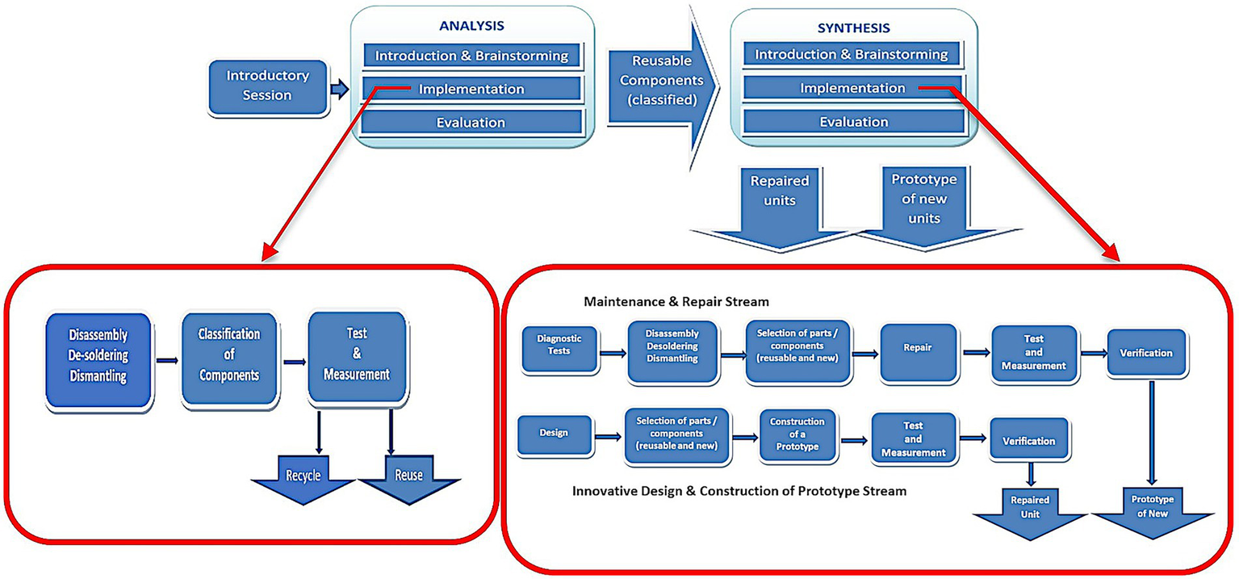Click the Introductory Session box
[x=267, y=86]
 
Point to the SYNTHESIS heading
[x=853, y=27]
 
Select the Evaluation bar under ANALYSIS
[x=471, y=123]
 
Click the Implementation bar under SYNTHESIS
[x=852, y=88]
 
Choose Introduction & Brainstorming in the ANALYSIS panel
[x=471, y=56]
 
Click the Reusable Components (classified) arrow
[x=656, y=82]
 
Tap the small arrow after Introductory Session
[x=340, y=89]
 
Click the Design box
[x=553, y=433]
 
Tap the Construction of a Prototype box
[x=797, y=434]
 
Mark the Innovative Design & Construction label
[x=739, y=491]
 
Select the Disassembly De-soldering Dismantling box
[x=98, y=355]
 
